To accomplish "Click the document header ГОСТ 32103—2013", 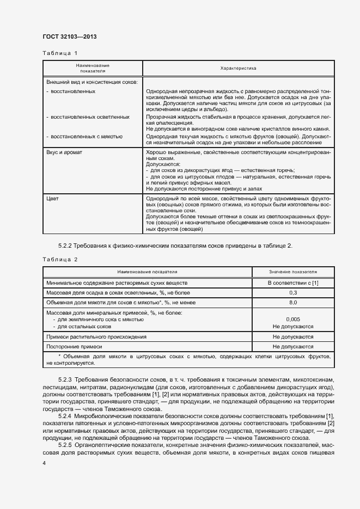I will (70, 36).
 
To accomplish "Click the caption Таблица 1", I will (60, 53).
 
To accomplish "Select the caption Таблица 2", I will (60, 259).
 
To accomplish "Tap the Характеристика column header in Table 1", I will (238, 69).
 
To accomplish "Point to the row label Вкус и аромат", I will (64, 152).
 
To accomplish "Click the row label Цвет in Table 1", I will (52, 199).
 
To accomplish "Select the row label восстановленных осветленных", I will (90, 116).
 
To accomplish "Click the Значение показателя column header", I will (292, 272).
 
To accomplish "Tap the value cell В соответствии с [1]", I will (292, 284).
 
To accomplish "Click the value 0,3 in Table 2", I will (292, 293).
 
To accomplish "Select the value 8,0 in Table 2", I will (292, 302).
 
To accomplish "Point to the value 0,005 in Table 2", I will (292, 320).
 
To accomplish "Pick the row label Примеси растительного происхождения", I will (96, 337).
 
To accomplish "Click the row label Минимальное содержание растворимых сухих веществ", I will (117, 284).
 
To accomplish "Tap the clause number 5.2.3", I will (65, 378).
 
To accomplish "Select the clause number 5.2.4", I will (65, 416).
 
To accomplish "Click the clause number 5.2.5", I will (65, 445).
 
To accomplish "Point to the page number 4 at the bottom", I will (44, 463).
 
